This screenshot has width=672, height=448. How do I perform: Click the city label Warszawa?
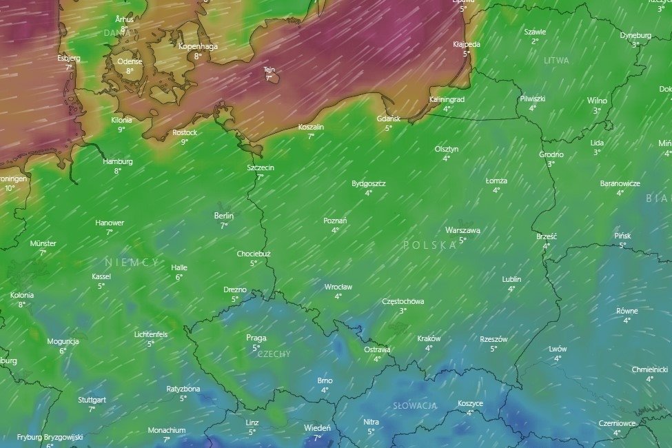coord(462,230)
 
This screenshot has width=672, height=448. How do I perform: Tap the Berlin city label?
coord(224,216)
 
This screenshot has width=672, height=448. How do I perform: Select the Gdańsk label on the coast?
coord(388,119)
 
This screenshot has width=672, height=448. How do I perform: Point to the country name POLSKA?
coord(430,245)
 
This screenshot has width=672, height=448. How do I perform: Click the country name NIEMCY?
coord(132,263)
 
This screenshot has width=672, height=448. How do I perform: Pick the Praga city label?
coord(256,338)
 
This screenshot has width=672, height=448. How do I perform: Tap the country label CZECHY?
coord(274,354)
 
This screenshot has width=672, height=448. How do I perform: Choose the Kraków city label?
coord(429,338)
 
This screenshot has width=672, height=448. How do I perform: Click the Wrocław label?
coord(338,287)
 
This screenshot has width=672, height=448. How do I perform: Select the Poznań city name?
coord(335,221)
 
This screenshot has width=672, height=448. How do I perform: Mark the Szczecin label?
coord(261,167)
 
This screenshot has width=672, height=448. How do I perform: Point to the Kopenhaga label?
coord(198,47)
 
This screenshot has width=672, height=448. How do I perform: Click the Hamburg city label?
coord(118,161)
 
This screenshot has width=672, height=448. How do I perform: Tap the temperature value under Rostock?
coord(185,142)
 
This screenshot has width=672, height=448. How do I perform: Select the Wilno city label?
coord(597,101)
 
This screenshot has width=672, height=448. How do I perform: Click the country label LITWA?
coord(556,61)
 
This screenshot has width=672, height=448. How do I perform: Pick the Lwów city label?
coord(558,349)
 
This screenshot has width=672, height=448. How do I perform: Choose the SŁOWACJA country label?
coord(415,406)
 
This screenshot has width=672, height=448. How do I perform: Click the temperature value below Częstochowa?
coord(403,311)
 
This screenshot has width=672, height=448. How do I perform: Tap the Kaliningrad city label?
coord(447,99)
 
